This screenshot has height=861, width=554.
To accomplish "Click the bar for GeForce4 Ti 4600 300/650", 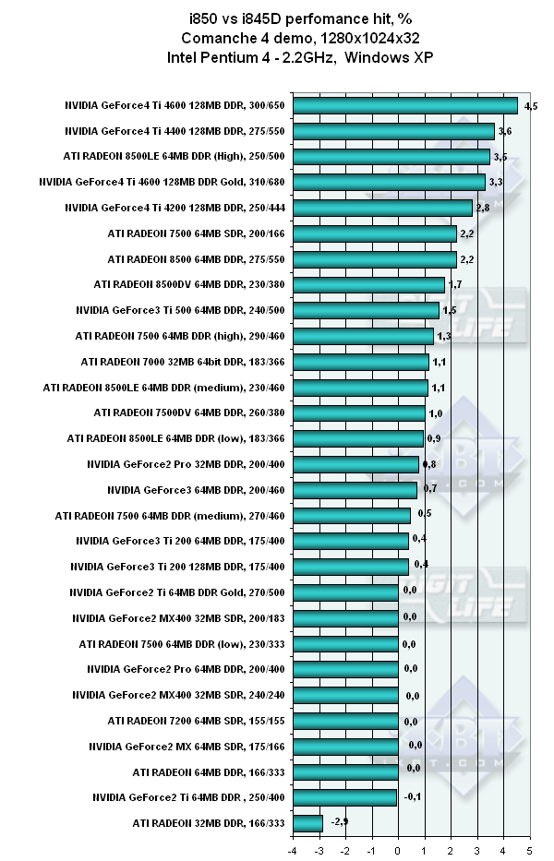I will pyautogui.click(x=457, y=106).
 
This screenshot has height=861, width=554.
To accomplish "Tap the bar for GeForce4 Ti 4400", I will pyautogui.click(x=446, y=132).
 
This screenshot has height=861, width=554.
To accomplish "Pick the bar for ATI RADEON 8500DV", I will pyautogui.click(x=421, y=285).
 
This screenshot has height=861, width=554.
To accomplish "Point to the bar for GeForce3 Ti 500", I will pyautogui.click(x=418, y=310).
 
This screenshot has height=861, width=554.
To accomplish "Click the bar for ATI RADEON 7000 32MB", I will pyautogui.click(x=413, y=362).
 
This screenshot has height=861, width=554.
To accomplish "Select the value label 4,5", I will pyautogui.click(x=531, y=107).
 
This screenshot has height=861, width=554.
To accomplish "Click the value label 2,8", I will pyautogui.click(x=482, y=209).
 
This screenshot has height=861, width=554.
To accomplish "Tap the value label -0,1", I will pyautogui.click(x=413, y=796).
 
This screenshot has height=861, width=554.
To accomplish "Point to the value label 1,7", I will pyautogui.click(x=454, y=284).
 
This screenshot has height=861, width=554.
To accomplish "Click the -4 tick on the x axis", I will pyautogui.click(x=293, y=850).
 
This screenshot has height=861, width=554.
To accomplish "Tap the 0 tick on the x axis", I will pyautogui.click(x=398, y=850).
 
